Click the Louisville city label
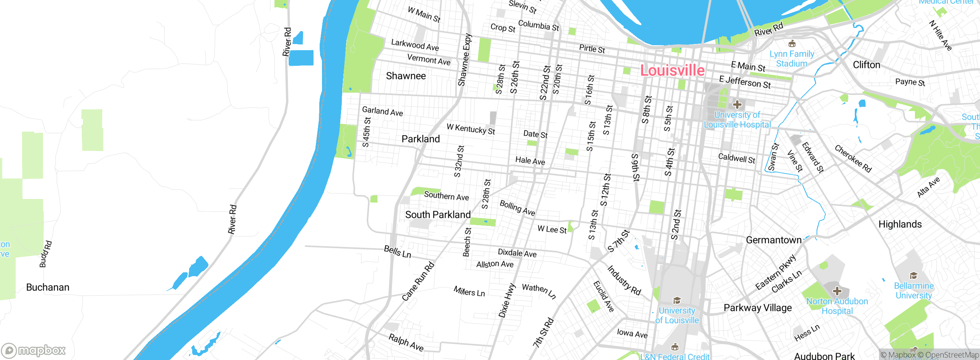672,71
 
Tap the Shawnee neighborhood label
406,76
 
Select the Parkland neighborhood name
421,139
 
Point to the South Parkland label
438,215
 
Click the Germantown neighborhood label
774,240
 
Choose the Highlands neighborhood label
900,224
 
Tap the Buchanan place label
48,288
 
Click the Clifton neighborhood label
866,65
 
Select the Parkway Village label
758,308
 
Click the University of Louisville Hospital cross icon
737,104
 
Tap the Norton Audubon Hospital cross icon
837,291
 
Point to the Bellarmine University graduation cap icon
913,276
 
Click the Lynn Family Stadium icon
792,44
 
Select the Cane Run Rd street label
418,281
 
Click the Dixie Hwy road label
507,301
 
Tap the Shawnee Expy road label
465,60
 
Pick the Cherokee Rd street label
853,159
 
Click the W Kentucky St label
470,129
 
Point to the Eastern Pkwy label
776,272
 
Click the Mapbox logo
34,350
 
